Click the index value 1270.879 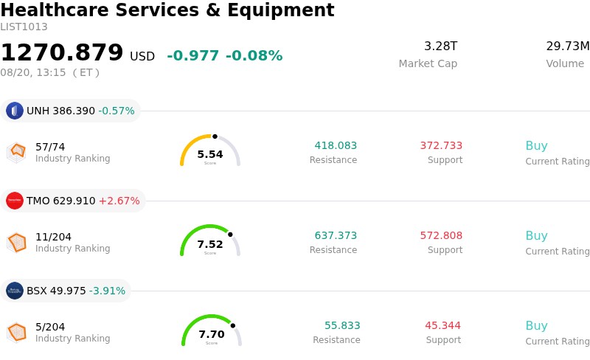pos(62,52)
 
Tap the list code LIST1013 pos(24,27)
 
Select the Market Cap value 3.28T pos(440,46)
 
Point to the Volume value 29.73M pos(568,46)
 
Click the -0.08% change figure pos(254,56)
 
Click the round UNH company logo pos(15,111)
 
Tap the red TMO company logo pos(15,201)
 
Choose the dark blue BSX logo pos(15,291)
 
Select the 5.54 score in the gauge pos(210,154)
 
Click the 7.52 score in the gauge pos(210,244)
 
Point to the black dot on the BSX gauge pos(233,326)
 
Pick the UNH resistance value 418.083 pos(336,145)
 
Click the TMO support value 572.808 pos(441,235)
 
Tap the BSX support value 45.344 pos(443,325)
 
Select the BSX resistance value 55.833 pos(342,325)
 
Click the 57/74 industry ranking pos(50,147)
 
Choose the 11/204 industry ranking pos(53,237)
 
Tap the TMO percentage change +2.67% pos(119,201)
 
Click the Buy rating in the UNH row pos(537,146)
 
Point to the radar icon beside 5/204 pos(16,333)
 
